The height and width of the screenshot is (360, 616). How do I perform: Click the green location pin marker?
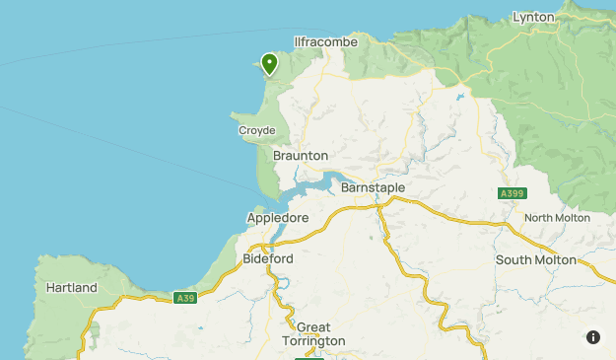(269, 64)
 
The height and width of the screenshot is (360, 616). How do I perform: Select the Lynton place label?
(535, 17)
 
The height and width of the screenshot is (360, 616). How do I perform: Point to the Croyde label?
(256, 130)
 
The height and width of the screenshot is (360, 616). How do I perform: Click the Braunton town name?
(301, 156)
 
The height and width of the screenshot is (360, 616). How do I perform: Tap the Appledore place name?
(278, 218)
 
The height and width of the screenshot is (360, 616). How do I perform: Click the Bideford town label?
(268, 258)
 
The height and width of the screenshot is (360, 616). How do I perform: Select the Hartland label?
(72, 288)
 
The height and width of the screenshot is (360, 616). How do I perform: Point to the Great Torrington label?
(313, 334)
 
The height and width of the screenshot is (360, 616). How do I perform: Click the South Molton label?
(535, 259)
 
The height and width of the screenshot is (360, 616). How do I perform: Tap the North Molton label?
(557, 218)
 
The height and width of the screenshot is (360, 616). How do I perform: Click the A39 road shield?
(184, 298)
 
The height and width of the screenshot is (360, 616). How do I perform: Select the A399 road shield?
(511, 193)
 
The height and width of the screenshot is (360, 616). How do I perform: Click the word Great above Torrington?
(313, 327)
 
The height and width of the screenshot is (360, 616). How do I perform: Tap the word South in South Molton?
(514, 259)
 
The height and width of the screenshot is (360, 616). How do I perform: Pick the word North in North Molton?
(540, 218)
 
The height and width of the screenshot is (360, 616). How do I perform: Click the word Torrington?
(313, 341)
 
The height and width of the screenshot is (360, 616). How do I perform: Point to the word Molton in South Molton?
(554, 259)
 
